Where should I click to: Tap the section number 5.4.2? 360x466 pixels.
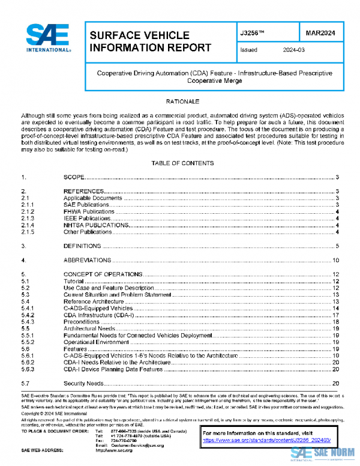[29, 315]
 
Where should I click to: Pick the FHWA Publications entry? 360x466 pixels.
[89, 212]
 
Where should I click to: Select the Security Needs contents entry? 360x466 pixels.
[84, 383]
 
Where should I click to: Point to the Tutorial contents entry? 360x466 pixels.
[73, 281]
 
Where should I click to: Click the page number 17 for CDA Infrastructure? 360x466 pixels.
[337, 315]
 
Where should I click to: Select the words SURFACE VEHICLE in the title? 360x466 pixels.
[139, 36]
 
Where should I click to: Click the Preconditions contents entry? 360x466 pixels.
[82, 322]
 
